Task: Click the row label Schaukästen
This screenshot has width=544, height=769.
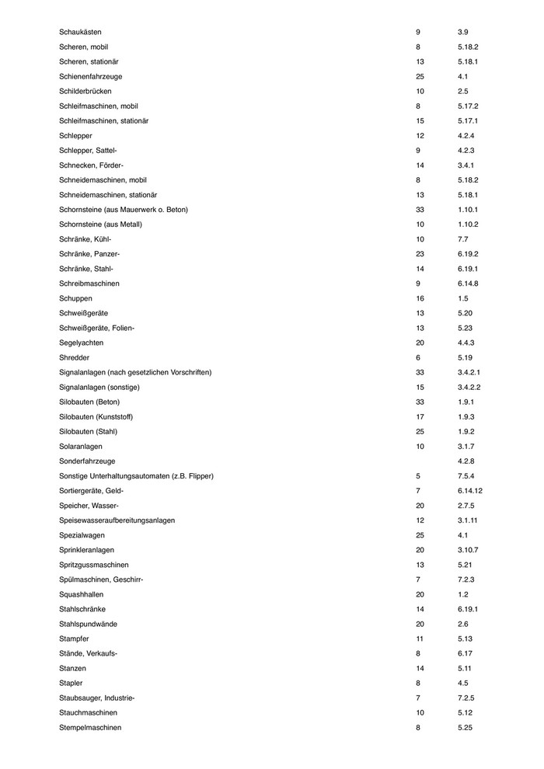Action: [x=80, y=32]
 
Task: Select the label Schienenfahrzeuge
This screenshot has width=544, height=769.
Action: [x=90, y=76]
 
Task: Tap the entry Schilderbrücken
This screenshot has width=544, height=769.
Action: [x=86, y=91]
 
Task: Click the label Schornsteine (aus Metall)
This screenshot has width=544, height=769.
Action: [x=100, y=224]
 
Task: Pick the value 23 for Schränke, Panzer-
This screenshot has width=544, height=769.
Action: [x=420, y=254]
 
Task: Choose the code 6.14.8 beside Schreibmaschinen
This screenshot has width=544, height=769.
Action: [x=469, y=284]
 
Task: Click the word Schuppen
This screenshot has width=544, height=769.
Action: [x=75, y=298]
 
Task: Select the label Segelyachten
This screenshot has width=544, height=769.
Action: [x=81, y=343]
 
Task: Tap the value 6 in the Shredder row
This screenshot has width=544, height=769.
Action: [x=418, y=357]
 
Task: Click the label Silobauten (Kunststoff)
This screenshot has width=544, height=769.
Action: [x=96, y=417]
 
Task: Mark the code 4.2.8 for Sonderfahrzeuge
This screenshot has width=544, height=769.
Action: [x=468, y=461]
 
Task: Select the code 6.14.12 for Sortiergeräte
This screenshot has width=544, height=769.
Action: [x=470, y=491]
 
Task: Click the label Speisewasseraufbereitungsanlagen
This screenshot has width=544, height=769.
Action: [x=117, y=520]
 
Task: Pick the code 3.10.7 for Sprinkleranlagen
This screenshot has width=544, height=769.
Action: [x=469, y=550]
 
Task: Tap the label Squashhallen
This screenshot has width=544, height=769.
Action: [x=82, y=594]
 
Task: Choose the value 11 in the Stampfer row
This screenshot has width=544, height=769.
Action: [x=420, y=639]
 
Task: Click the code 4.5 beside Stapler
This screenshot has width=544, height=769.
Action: [x=464, y=683]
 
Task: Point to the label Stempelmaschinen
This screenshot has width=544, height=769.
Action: [x=90, y=728]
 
